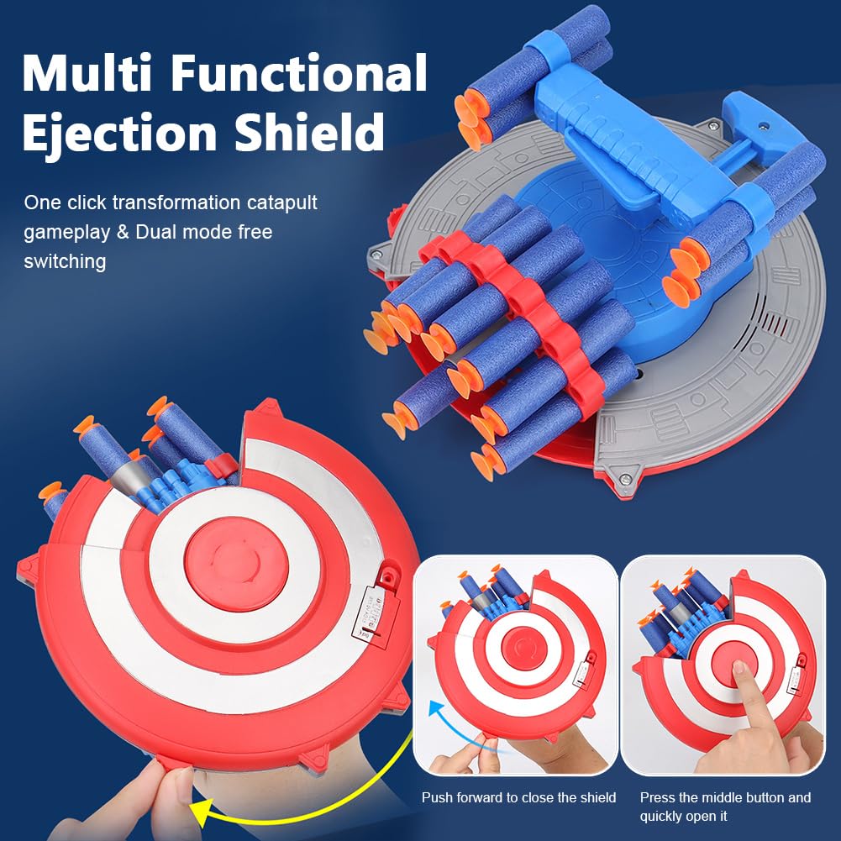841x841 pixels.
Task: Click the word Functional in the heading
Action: pyautogui.click(x=299, y=73)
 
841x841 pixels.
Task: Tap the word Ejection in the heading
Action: pyautogui.click(x=119, y=133)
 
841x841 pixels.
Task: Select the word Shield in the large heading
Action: pyautogui.click(x=309, y=131)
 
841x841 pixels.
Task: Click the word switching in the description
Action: pyautogui.click(x=65, y=262)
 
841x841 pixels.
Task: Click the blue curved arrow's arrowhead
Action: pyautogui.click(x=436, y=712)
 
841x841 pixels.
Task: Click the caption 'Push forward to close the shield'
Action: pyautogui.click(x=518, y=797)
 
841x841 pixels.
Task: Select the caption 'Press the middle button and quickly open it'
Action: pyautogui.click(x=725, y=807)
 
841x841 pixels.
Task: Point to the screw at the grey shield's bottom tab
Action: pyautogui.click(x=624, y=478)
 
